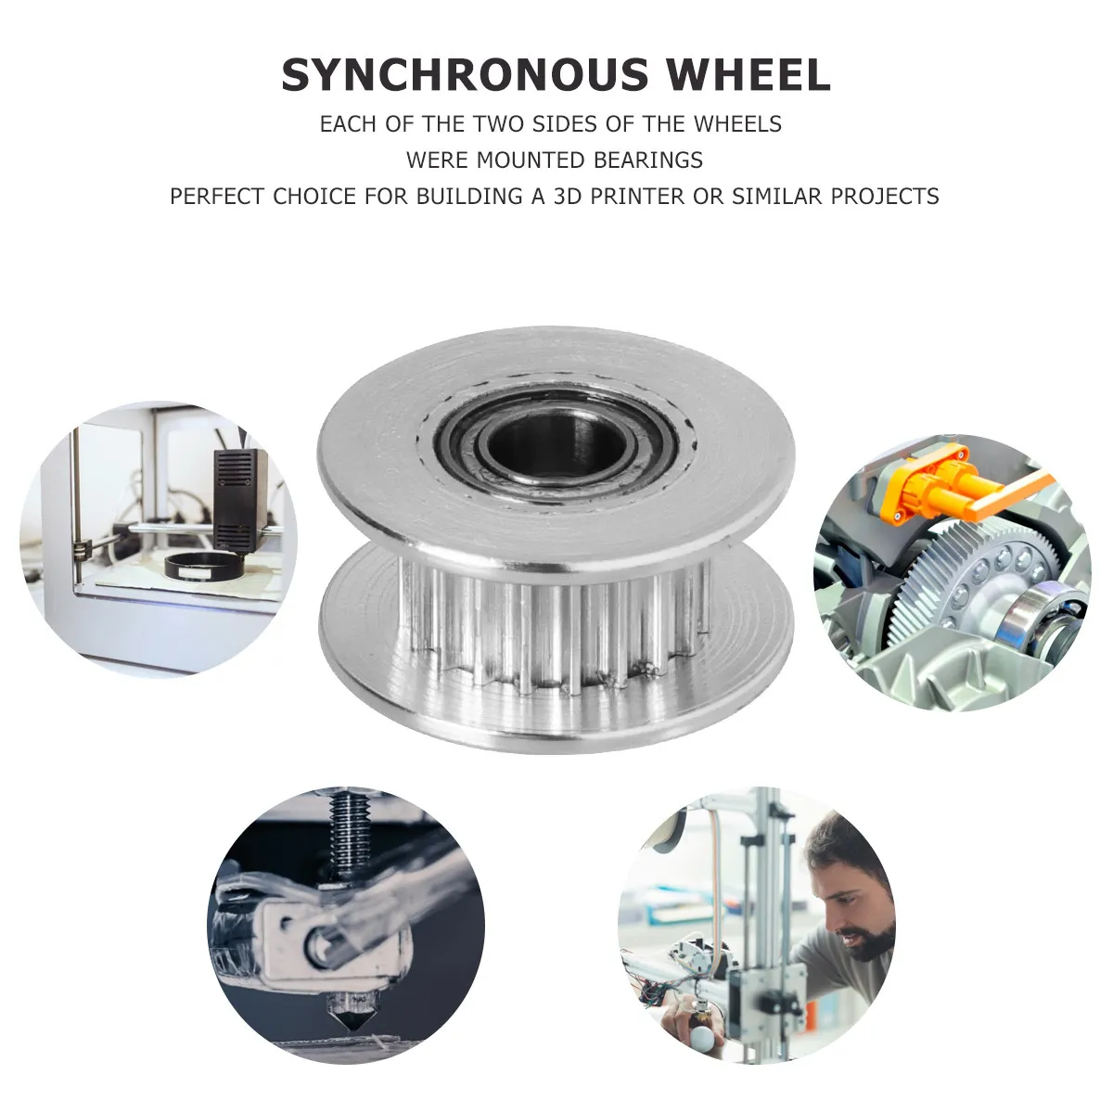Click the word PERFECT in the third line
pyautogui.click(x=216, y=197)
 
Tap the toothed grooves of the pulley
pyautogui.click(x=556, y=631)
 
